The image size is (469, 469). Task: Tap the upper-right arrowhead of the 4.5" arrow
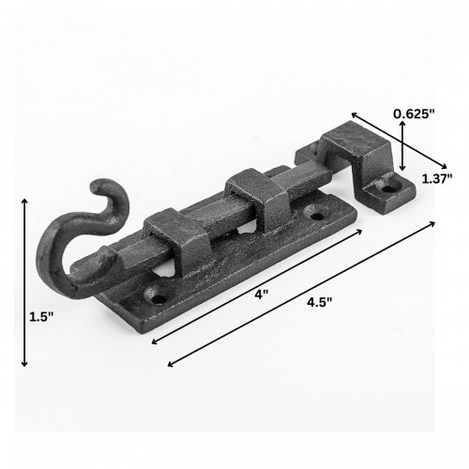coord(434,223)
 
